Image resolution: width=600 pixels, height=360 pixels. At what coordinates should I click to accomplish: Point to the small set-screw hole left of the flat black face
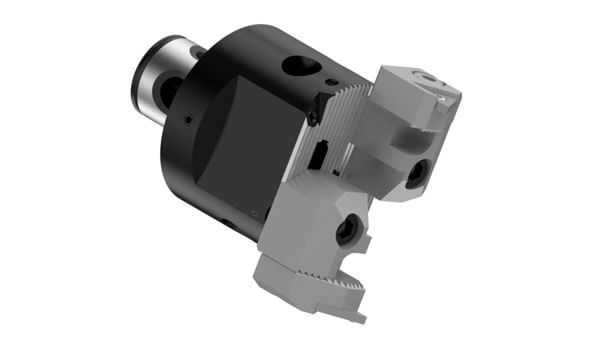coord(187,121)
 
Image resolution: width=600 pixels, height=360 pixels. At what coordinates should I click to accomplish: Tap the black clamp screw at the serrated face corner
coord(313,116)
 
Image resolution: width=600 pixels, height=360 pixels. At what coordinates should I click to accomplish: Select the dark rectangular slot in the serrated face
coord(319,154)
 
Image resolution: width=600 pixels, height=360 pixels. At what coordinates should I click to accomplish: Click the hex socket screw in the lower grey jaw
coord(347,232)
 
